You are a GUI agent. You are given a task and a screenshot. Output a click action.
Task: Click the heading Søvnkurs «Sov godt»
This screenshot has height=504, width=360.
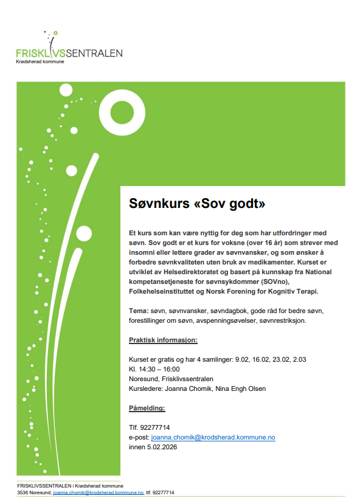point(197,203)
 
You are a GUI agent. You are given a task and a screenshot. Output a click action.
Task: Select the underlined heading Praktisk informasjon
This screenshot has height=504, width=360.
point(163,339)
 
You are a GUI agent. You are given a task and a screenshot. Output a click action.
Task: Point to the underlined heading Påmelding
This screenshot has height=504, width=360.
point(147,408)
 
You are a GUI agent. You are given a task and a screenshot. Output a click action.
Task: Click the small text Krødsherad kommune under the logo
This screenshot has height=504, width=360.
point(40,61)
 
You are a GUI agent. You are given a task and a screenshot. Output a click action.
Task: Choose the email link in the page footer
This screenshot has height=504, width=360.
point(98,492)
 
